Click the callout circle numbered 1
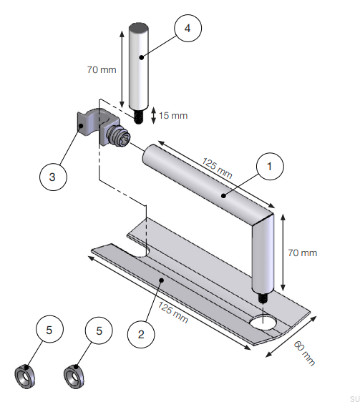[270, 167]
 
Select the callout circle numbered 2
[141, 334]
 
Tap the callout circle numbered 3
[53, 177]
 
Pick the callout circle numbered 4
[188, 28]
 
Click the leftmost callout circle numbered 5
[49, 330]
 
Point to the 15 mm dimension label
[173, 115]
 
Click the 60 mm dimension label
[305, 353]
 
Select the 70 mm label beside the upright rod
[102, 69]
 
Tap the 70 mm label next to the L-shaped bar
[303, 253]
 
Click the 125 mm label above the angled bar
[217, 168]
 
